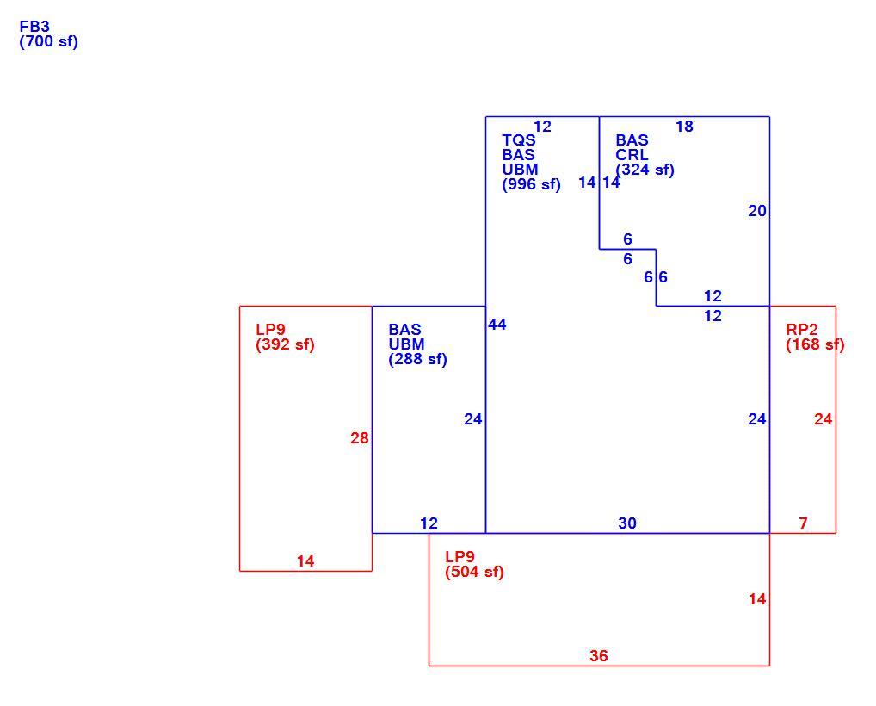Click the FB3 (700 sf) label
click(x=48, y=34)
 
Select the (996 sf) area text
click(x=531, y=184)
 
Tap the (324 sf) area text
click(x=645, y=170)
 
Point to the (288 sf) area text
click(x=418, y=359)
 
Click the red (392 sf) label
click(x=285, y=344)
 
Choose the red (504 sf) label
click(x=474, y=572)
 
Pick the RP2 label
click(x=802, y=329)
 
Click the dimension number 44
click(x=497, y=325)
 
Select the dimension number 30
click(x=627, y=523)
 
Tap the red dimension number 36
click(x=599, y=656)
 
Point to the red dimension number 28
click(x=360, y=438)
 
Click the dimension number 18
click(x=684, y=127)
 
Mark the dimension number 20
click(x=757, y=211)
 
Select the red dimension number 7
click(x=804, y=523)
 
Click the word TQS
click(x=518, y=139)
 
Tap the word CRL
click(x=632, y=155)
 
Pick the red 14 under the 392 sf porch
click(x=305, y=561)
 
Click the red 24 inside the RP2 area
click(x=823, y=419)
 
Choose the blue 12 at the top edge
click(x=542, y=127)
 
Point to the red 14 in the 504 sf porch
click(x=757, y=599)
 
